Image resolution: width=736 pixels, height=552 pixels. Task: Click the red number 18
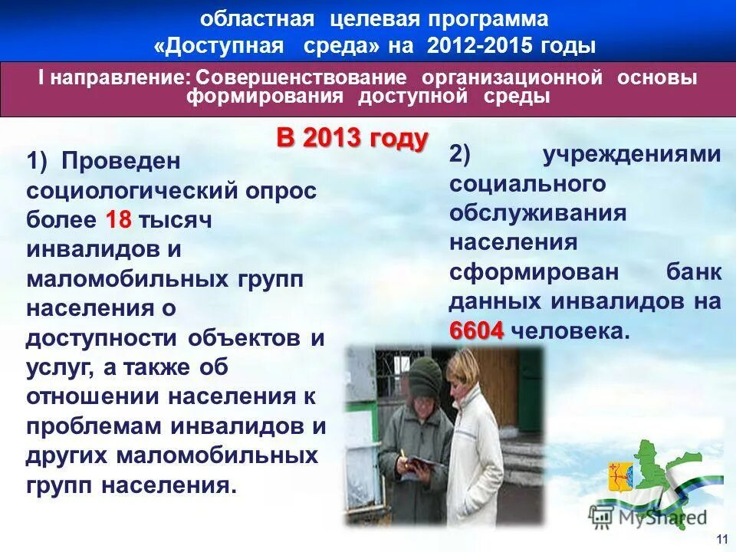(x=119, y=220)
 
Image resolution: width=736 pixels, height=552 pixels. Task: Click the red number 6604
(x=476, y=331)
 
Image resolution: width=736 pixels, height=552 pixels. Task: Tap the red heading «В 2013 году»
(x=352, y=139)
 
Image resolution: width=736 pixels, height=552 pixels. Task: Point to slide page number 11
(x=721, y=540)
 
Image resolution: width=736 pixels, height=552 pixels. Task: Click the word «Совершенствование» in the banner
(x=301, y=78)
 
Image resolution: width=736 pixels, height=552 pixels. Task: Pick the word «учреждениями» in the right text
(x=632, y=154)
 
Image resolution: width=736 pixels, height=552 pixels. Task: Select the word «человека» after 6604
(x=569, y=331)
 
